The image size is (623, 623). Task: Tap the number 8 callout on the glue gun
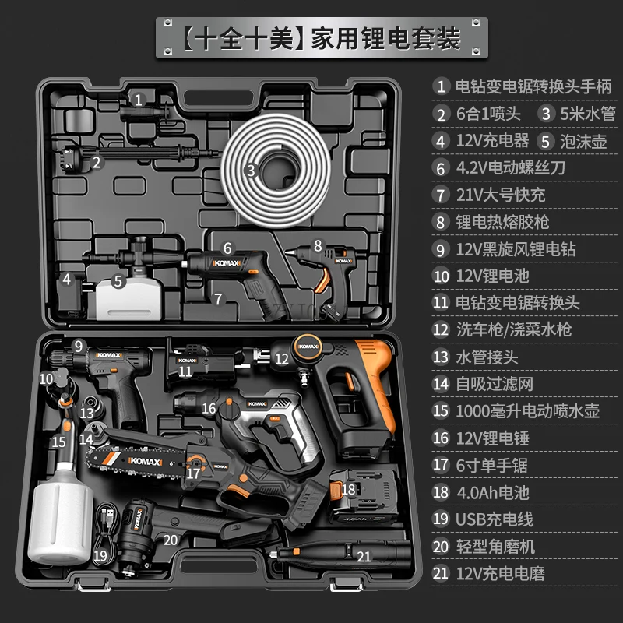coord(318,245)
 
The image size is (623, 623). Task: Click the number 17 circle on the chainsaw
coord(193,472)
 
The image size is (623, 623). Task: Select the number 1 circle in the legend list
coord(442,86)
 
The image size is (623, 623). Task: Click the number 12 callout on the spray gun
coord(282,358)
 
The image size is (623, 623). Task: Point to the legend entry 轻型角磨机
coord(495,547)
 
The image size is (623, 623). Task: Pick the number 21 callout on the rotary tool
coord(364,555)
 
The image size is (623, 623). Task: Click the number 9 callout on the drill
coord(78,346)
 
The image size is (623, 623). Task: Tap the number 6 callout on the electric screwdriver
coord(227,248)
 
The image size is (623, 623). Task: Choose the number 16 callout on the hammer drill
coord(209,407)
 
